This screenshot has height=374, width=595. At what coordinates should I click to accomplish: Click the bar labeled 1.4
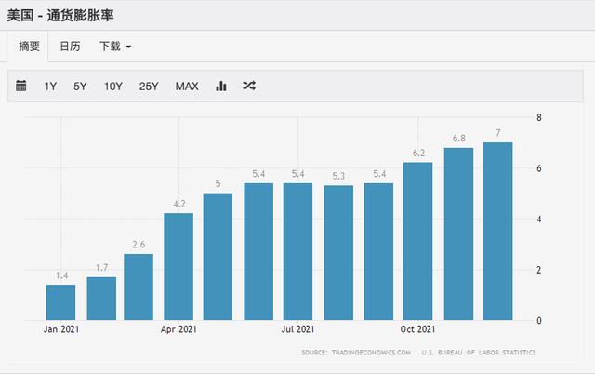[60, 302]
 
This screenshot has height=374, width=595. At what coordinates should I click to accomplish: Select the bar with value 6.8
[458, 234]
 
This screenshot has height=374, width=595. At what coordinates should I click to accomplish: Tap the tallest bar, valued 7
[498, 232]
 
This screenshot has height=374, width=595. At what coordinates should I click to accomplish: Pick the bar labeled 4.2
[178, 267]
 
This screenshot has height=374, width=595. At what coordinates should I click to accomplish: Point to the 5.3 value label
[338, 176]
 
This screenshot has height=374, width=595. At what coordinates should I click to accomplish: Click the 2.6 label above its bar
[139, 245]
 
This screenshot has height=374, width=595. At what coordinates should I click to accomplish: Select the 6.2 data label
[418, 153]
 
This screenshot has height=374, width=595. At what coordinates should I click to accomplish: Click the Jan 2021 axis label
[61, 329]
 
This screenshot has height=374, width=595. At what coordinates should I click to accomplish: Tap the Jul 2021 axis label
[297, 329]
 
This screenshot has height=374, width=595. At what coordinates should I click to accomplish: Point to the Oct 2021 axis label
[417, 329]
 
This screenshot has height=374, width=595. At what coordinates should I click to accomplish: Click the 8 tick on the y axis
[539, 117]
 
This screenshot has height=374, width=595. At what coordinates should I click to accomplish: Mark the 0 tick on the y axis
[539, 320]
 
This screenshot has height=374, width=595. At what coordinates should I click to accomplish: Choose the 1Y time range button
[50, 87]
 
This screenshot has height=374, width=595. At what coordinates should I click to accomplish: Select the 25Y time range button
[149, 87]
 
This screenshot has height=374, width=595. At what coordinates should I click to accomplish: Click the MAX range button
[187, 87]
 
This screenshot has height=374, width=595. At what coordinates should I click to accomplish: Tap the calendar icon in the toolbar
[21, 86]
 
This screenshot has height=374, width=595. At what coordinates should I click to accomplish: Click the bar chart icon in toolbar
[221, 87]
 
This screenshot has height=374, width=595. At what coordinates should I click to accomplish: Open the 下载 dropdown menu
[115, 47]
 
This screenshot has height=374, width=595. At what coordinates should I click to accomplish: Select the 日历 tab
[71, 47]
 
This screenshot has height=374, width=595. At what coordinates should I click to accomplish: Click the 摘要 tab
[29, 47]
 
